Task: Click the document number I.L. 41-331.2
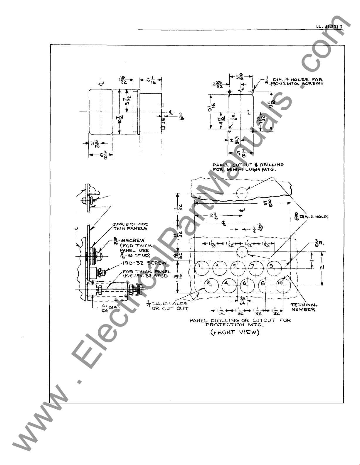(x=329, y=26)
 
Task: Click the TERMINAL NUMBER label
(x=304, y=307)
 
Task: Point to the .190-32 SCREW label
(x=141, y=263)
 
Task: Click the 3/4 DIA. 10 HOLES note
(x=169, y=306)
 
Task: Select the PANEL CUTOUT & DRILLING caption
(x=248, y=167)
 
